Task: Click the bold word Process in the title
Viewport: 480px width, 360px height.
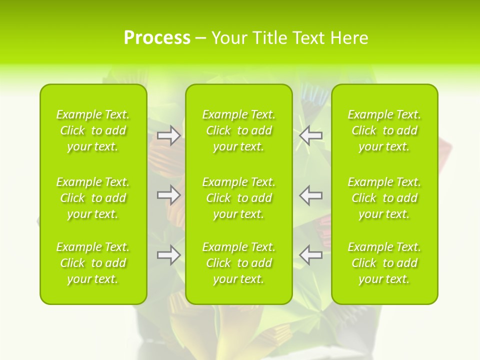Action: tap(157, 38)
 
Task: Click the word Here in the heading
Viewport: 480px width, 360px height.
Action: tap(349, 38)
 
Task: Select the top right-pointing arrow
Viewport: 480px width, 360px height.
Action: tap(168, 135)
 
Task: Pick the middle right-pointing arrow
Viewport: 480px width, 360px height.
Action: tap(168, 194)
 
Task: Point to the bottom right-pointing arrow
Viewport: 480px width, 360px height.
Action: tap(168, 254)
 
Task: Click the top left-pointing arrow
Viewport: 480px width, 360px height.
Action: tap(311, 135)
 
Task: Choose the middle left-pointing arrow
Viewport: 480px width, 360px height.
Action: tap(311, 194)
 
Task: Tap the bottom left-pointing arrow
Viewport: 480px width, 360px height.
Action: tap(311, 254)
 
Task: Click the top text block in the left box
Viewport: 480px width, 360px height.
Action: tap(93, 130)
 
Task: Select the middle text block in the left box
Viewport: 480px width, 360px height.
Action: tap(93, 198)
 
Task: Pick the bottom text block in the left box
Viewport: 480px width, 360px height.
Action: tap(93, 263)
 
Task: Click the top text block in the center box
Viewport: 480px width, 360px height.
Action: tap(239, 130)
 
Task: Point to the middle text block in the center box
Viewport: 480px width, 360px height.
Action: tap(239, 198)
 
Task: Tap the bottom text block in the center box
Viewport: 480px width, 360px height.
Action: tap(239, 263)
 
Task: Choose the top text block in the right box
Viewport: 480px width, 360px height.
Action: tap(384, 130)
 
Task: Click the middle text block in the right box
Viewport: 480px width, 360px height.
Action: tap(384, 198)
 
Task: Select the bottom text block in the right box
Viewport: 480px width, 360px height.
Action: tap(384, 263)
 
